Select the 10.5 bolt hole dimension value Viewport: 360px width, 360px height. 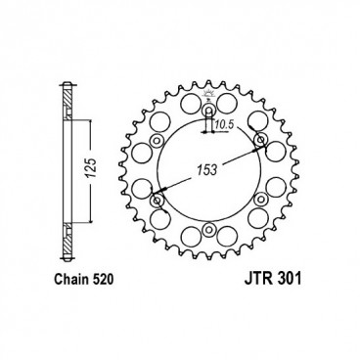pos(224,124)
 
